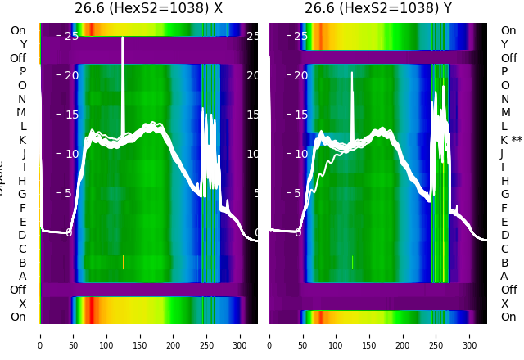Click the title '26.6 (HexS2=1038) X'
[x=148, y=9]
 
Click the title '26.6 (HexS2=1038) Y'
[x=377, y=9]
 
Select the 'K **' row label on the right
[x=511, y=140]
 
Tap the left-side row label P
[x=22, y=71]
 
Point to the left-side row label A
[x=22, y=276]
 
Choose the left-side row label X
[x=22, y=304]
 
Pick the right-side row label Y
[x=504, y=44]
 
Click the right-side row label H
[x=504, y=181]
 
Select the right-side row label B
[x=504, y=263]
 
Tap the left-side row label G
[x=22, y=194]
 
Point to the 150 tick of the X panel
[x=140, y=335]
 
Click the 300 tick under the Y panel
[x=470, y=335]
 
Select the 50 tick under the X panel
[x=73, y=335]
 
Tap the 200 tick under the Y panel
[x=403, y=335]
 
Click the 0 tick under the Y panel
[x=269, y=335]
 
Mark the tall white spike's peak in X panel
[x=123, y=38]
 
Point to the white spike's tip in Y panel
[x=353, y=73]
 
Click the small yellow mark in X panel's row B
[x=123, y=262]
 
